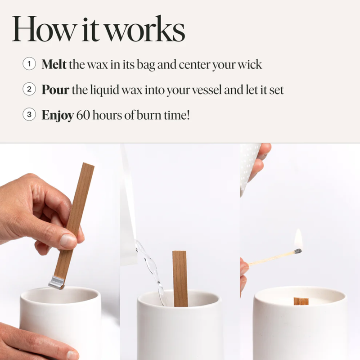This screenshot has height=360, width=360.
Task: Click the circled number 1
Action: point(29,64)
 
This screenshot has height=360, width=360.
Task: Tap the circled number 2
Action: point(29,90)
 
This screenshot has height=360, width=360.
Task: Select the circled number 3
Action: point(29,115)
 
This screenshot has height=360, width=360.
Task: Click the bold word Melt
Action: point(54,64)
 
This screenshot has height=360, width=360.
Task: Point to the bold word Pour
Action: point(55,90)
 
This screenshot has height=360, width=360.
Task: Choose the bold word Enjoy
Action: point(58,115)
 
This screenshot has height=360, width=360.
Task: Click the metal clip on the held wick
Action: point(56,282)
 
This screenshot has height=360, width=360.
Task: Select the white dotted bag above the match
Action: point(249,166)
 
